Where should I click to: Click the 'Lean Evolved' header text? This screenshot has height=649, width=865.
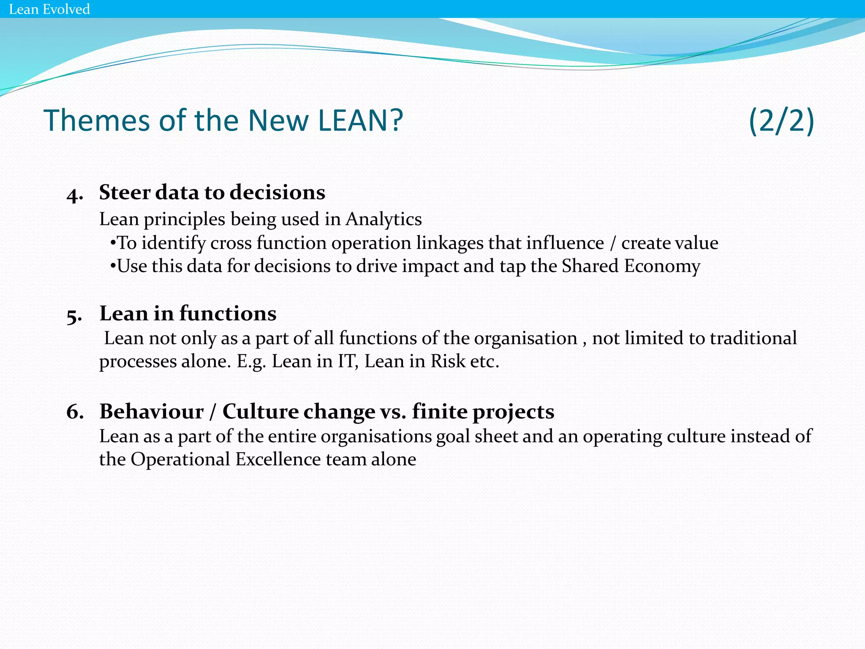(49, 9)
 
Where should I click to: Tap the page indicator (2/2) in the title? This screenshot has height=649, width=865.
(781, 121)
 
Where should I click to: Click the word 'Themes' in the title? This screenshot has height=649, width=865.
(97, 121)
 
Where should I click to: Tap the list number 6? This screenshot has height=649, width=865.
(75, 412)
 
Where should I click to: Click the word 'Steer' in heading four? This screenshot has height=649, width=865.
(125, 193)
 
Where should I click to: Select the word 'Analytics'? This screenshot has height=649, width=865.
(384, 219)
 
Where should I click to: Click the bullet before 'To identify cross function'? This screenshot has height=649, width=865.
(113, 243)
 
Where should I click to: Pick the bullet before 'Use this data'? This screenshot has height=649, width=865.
(113, 267)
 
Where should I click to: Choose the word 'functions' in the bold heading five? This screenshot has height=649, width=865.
(228, 314)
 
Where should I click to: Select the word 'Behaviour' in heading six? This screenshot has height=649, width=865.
(152, 412)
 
